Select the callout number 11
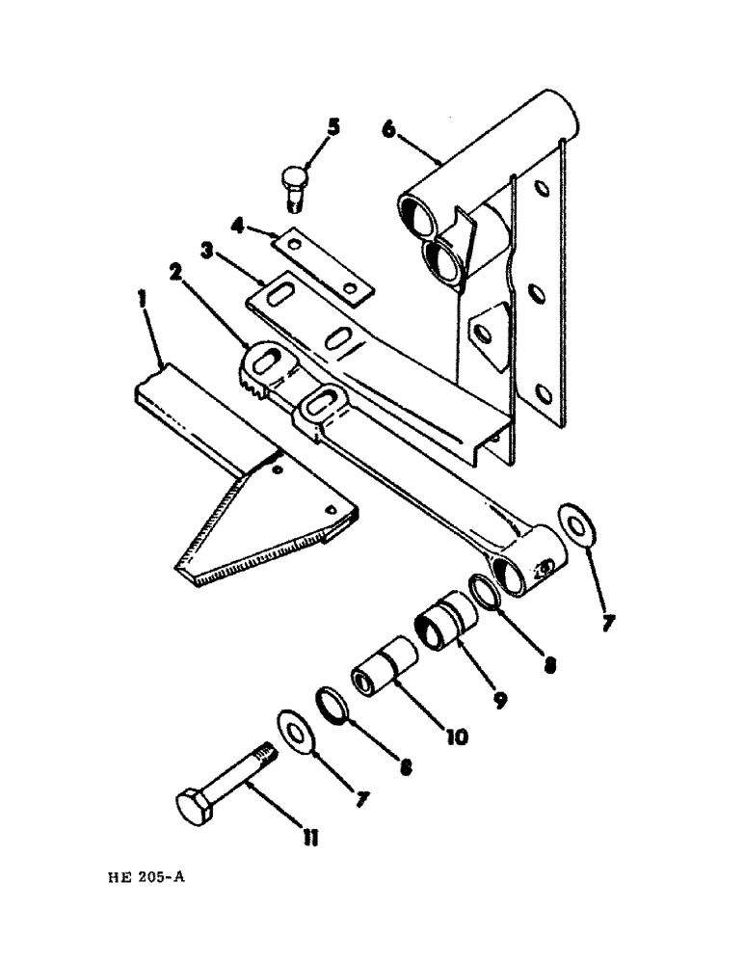(x=308, y=841)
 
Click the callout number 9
(x=500, y=701)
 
